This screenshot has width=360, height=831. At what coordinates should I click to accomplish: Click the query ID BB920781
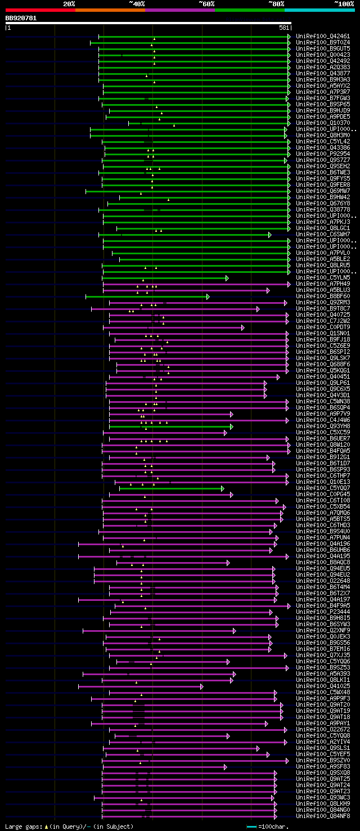21,18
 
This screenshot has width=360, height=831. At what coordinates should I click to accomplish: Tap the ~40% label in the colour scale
137,4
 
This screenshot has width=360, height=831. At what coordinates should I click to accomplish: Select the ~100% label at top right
344,4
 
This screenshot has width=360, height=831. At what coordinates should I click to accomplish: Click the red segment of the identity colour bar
40,10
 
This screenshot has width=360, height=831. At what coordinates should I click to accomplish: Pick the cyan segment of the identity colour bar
319,10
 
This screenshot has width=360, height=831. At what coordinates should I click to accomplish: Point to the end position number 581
284,28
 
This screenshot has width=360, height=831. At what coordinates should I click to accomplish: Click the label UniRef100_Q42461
322,37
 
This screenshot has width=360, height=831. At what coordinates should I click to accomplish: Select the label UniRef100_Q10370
322,123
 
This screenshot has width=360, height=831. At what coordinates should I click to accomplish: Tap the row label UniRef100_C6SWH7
322,235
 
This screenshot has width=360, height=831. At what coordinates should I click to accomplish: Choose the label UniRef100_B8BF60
322,297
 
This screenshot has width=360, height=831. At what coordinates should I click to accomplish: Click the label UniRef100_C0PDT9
322,327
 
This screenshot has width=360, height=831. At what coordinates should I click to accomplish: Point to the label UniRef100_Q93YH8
322,426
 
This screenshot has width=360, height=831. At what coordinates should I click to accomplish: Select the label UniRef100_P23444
322,612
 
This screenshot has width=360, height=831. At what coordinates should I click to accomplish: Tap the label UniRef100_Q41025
322,686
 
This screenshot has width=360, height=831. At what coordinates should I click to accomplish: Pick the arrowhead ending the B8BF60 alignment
208,297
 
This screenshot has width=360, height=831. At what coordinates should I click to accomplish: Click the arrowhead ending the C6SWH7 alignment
269,235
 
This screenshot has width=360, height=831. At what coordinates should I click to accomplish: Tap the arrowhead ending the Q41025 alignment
201,686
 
